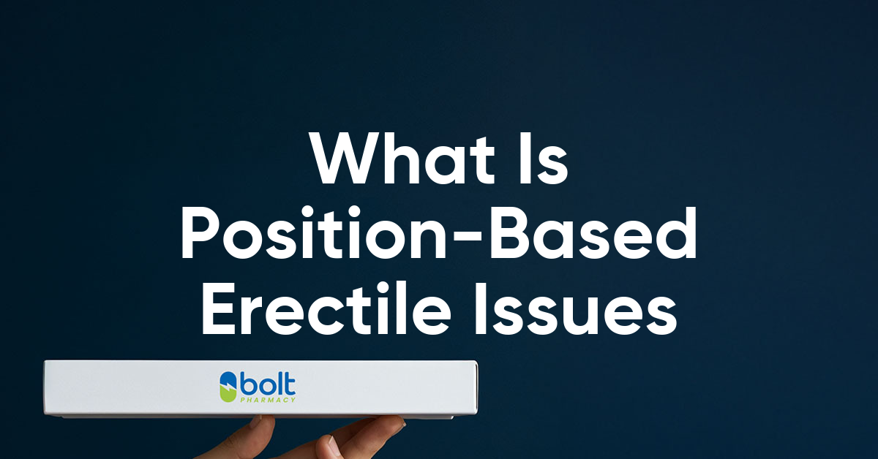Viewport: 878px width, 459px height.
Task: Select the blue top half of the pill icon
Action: [228, 379]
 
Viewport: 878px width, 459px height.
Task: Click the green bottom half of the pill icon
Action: [228, 395]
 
